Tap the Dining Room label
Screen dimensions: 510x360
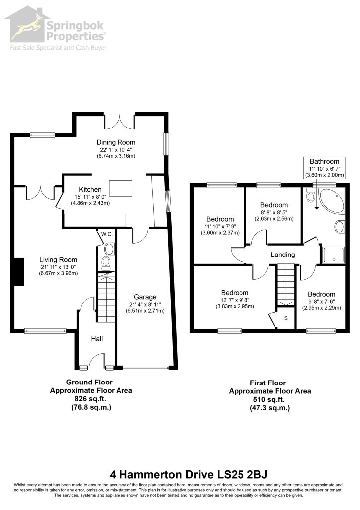(116, 141)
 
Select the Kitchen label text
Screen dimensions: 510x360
(90, 190)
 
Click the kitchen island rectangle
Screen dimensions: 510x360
(121, 189)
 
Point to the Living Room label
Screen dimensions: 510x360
(59, 259)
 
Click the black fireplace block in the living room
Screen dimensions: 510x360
(19, 272)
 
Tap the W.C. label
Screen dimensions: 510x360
(106, 234)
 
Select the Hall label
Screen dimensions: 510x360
(97, 339)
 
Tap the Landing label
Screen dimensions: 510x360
(283, 255)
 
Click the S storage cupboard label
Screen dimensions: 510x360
(286, 317)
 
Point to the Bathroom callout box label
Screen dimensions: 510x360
(324, 161)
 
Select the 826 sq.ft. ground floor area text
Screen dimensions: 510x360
(91, 399)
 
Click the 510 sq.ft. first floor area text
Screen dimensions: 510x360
(269, 399)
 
